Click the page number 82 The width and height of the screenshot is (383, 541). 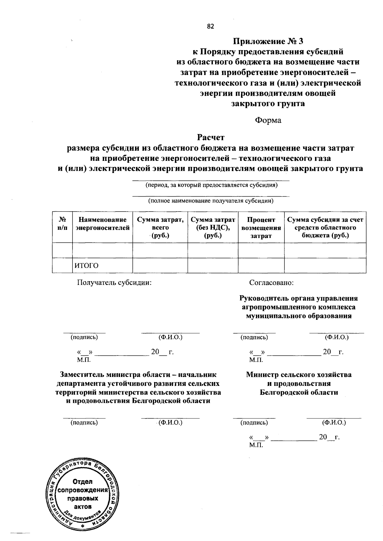point(210,27)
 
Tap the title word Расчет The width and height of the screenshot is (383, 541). point(211,137)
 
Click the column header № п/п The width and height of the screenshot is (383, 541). point(63,224)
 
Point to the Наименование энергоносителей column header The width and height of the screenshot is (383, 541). point(102,224)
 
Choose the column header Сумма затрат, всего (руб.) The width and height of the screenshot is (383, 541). point(160,228)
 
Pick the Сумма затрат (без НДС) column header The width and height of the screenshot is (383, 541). point(213,228)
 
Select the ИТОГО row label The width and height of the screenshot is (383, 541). point(86,266)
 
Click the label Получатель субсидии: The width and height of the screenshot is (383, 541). point(114,282)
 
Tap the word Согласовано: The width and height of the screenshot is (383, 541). point(271,282)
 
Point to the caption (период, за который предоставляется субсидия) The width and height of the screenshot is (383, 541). point(211,185)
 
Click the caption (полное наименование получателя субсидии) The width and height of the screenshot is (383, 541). point(211,201)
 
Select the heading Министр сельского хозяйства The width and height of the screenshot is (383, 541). point(299,374)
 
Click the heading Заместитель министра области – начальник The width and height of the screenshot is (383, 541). point(138,374)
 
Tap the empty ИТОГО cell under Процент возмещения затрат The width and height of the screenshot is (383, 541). point(261,266)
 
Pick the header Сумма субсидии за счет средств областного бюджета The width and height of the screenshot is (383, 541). point(325,228)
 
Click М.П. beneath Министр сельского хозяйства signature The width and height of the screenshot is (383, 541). point(256,445)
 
